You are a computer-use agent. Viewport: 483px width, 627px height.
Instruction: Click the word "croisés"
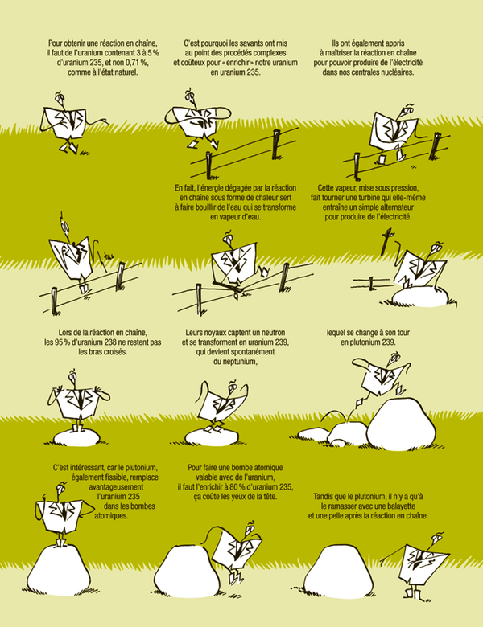[115, 352]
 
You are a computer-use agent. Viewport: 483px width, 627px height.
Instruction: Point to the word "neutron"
[273, 333]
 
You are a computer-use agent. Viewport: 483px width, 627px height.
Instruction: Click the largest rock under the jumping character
[402, 424]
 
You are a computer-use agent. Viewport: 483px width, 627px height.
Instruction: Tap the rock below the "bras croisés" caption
[76, 438]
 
